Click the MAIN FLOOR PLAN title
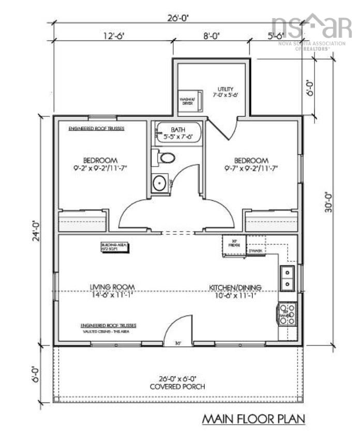click(x=252, y=418)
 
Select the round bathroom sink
click(x=160, y=182)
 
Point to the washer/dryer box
click(x=187, y=100)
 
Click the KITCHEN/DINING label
click(x=235, y=288)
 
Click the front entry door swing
click(x=177, y=331)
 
